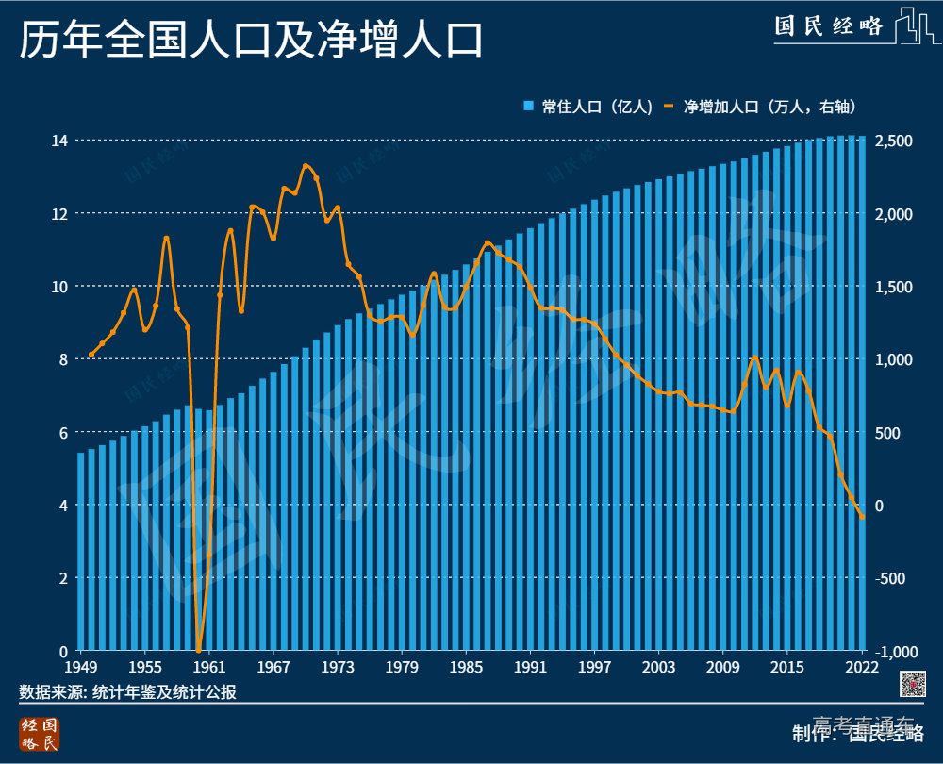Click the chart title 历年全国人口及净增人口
pos(251,42)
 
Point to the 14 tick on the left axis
pos(59,141)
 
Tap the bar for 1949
pos(81,552)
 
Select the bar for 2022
pos(862,396)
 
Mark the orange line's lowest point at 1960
pos(198,650)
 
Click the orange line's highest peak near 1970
pos(306,166)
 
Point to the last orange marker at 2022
pos(862,517)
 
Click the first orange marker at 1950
pos(91,355)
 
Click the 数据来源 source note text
pos(127,692)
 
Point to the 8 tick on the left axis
pos(62,359)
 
